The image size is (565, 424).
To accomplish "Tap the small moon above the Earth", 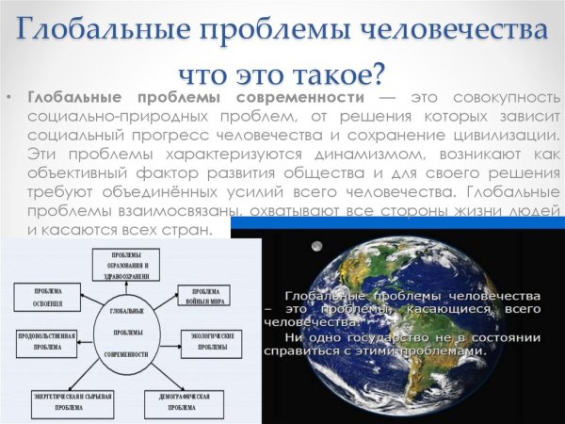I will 315,247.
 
